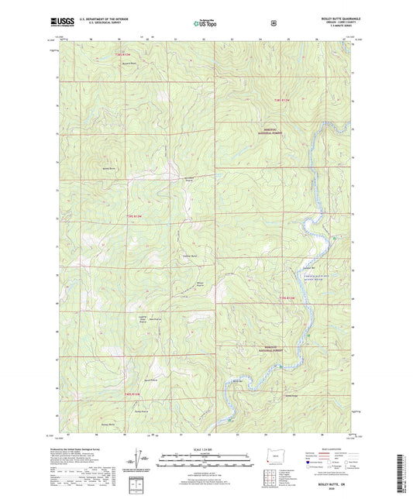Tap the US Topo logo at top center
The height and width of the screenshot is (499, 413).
[x=205, y=25]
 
